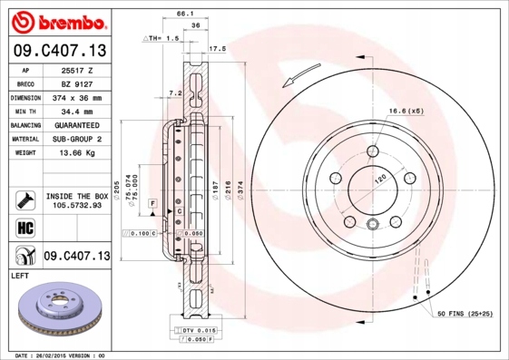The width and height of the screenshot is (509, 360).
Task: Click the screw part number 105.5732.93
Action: (76, 206)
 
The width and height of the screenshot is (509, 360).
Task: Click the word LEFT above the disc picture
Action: (21, 274)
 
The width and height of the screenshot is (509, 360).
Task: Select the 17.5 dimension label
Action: (217, 48)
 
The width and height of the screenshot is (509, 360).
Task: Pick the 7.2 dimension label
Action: (176, 92)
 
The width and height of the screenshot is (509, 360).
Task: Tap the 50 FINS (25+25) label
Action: (465, 312)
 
